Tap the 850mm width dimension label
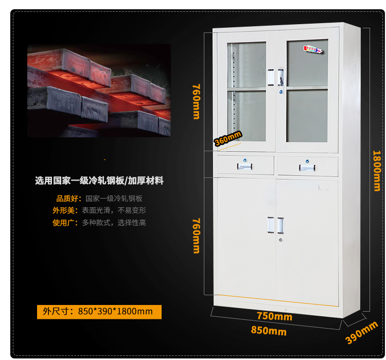tap(269, 331)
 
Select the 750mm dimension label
tap(274, 316)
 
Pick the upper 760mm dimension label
tap(196, 101)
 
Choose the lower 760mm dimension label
tap(196, 236)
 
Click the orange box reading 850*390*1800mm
tap(99, 312)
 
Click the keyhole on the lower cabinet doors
tap(280, 240)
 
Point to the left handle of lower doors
tap(270, 225)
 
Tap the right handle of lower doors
tap(280, 225)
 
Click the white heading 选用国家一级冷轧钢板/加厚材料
tap(99, 181)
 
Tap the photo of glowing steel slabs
tap(99, 91)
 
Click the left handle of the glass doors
tap(271, 76)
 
